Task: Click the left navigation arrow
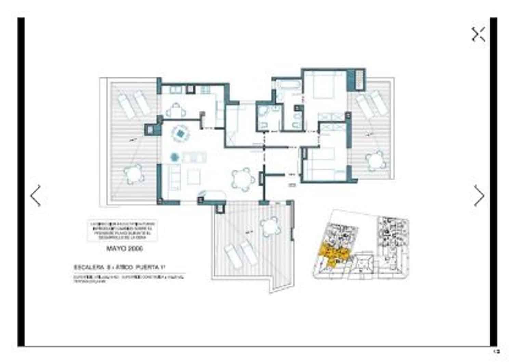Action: tap(36, 196)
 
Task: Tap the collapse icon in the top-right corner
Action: tap(478, 35)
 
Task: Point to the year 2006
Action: tap(136, 248)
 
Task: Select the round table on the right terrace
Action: tap(374, 161)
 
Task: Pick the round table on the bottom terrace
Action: tap(269, 226)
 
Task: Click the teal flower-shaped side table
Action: tap(175, 157)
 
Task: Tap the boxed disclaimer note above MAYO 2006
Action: tap(122, 231)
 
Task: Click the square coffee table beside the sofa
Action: tap(195, 177)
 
